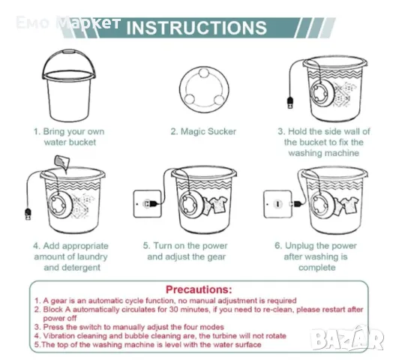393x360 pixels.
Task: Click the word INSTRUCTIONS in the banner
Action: (x=196, y=28)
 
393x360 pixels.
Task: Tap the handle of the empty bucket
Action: (x=69, y=52)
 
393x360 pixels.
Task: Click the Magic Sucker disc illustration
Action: (x=204, y=89)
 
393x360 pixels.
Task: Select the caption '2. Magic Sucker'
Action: (x=203, y=131)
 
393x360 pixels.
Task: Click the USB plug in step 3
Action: (x=290, y=103)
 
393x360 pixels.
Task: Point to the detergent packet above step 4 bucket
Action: (x=62, y=163)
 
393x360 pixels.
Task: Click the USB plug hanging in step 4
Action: (x=28, y=214)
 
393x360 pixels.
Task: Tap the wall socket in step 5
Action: (x=147, y=204)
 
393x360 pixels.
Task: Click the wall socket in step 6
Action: (x=277, y=204)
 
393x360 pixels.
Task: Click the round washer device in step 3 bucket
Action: (x=322, y=94)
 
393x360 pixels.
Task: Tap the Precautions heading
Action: (x=199, y=289)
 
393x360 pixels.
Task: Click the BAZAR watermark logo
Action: (x=347, y=338)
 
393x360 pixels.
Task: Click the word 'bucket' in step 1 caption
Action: (x=82, y=142)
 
